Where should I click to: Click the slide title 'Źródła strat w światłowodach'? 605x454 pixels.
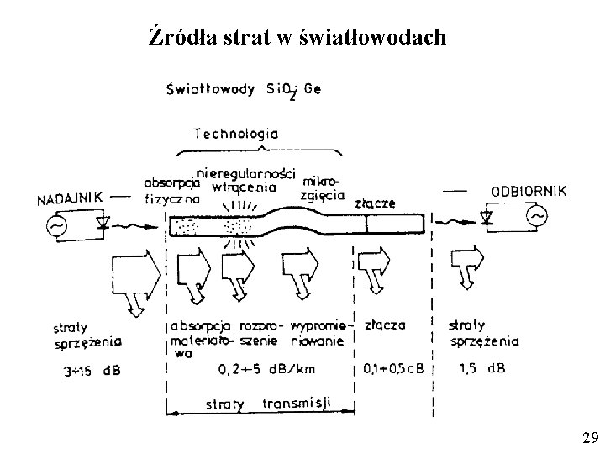[297, 37]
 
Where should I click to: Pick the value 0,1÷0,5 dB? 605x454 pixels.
[395, 368]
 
